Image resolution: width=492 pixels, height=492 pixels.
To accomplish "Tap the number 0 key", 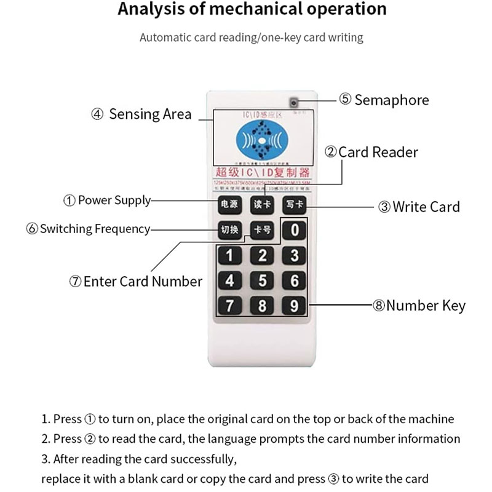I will (295, 231).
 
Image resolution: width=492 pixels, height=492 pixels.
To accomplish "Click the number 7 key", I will (229, 305).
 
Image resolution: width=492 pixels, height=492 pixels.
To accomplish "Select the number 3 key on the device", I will (295, 255).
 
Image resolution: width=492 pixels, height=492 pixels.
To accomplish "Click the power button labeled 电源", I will (229, 204).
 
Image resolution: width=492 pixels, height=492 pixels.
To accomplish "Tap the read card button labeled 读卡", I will (262, 204).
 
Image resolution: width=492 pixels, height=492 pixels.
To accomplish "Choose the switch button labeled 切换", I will (229, 230).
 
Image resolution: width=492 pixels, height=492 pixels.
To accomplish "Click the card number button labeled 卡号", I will (262, 230).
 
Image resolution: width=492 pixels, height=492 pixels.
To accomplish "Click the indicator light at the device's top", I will (294, 102).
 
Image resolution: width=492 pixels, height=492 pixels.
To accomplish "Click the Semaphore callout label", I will (392, 100).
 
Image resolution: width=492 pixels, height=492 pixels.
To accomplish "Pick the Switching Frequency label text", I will (95, 229).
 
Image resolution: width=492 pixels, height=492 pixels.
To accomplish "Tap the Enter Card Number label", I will (142, 282).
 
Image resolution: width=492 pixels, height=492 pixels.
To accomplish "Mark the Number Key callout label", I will (426, 306).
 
